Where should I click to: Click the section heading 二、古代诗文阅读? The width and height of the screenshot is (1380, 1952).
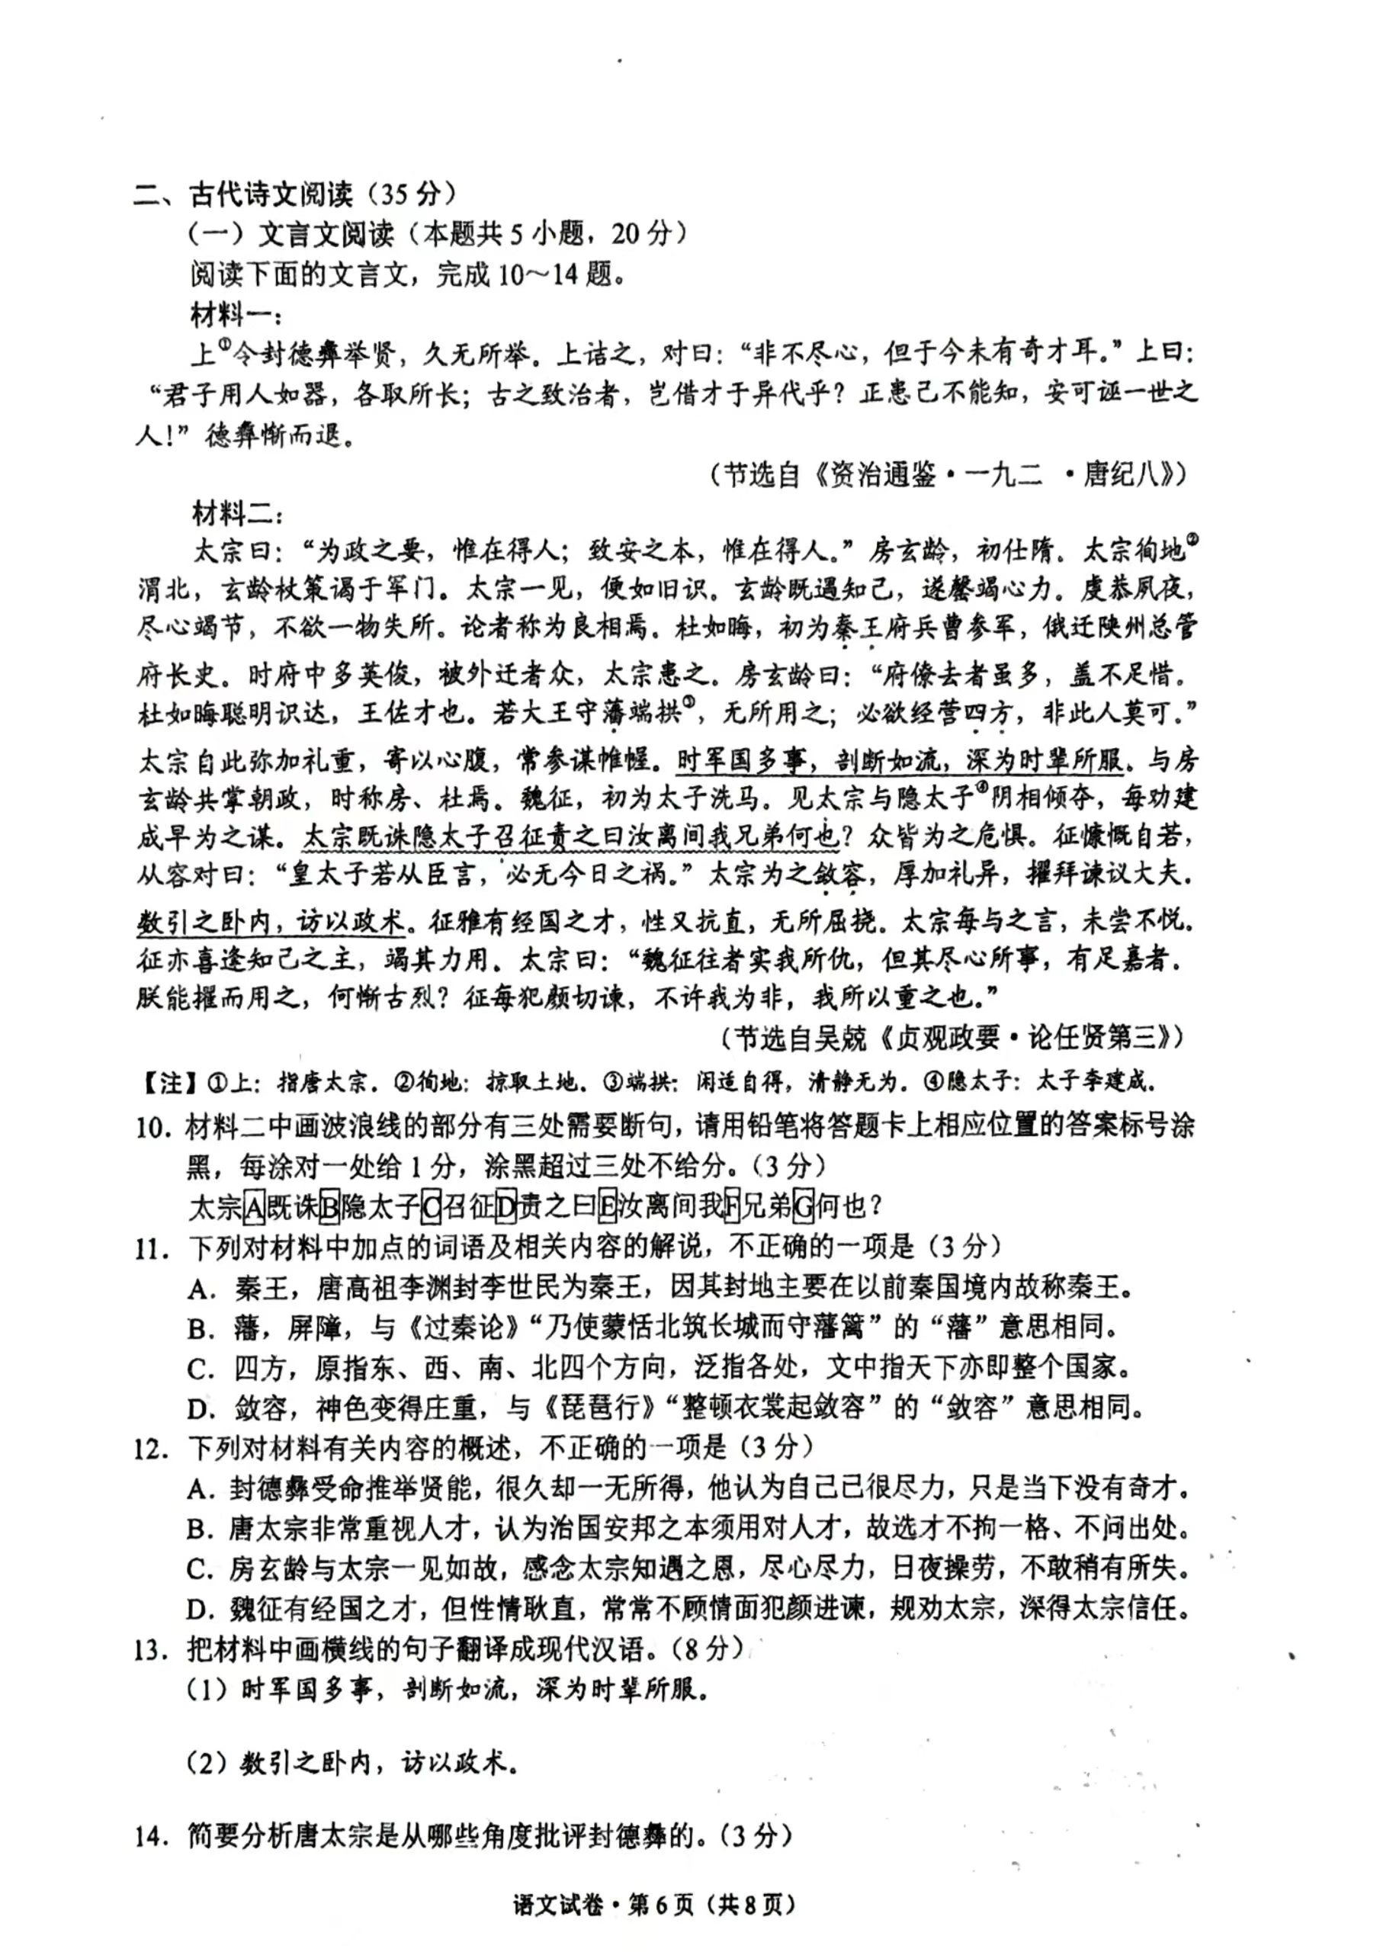tap(242, 194)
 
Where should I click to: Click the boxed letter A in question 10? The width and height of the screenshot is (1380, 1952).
tap(253, 1206)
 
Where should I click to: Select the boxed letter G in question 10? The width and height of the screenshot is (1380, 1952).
tap(803, 1206)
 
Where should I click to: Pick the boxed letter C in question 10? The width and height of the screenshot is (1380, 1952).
tap(432, 1206)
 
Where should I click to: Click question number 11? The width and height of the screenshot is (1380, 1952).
tap(153, 1248)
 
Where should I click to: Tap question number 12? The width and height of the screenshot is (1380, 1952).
tap(153, 1448)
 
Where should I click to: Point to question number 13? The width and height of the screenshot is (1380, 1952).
tap(153, 1650)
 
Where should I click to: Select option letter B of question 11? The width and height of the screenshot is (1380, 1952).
tap(201, 1328)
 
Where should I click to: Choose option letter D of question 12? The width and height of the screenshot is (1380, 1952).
tap(201, 1609)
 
